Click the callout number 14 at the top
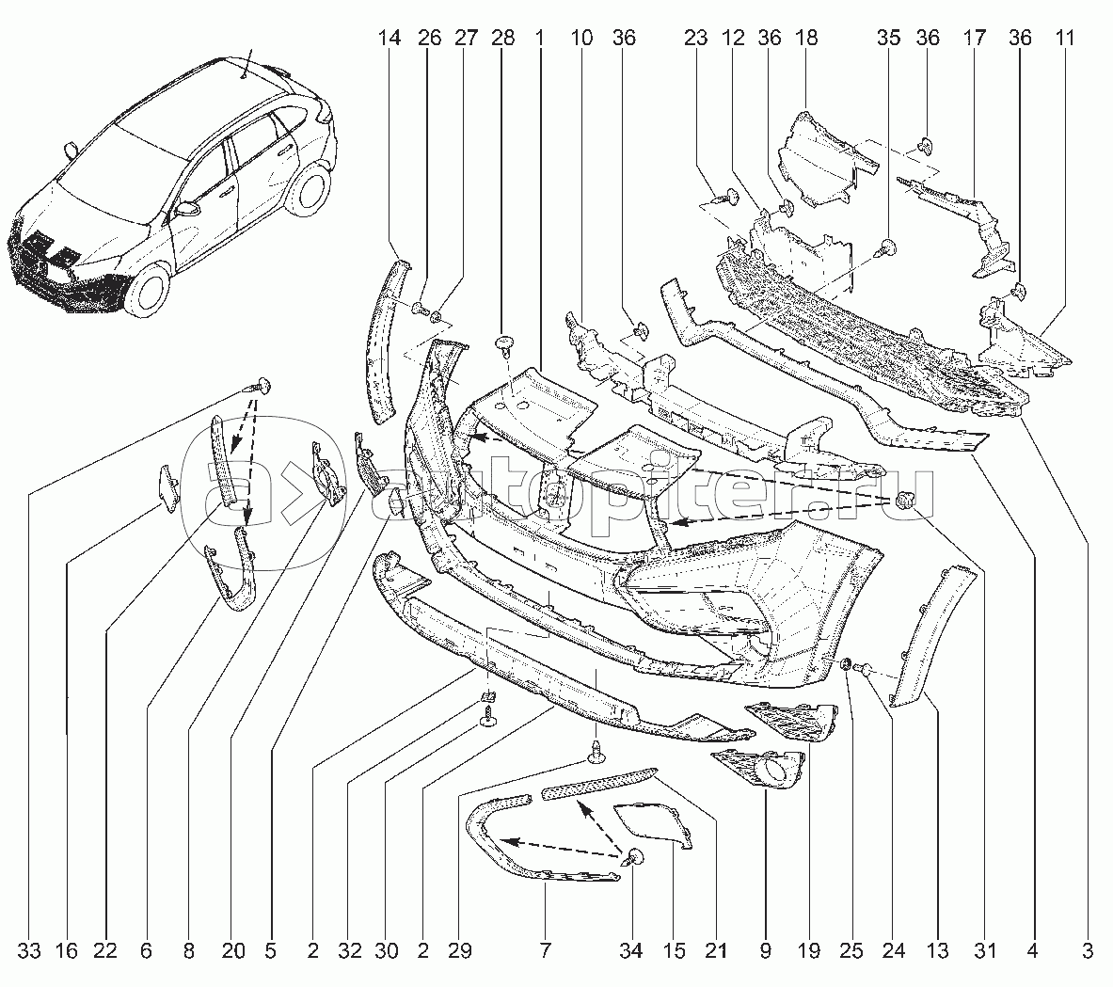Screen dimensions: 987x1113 pos(390,39)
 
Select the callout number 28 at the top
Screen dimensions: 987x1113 pos(503,39)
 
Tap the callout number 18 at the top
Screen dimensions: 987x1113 pos(806,39)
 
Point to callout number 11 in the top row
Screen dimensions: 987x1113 pos(1065,39)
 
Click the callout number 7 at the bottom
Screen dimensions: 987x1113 pos(546,951)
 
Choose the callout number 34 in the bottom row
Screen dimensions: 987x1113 pos(630,951)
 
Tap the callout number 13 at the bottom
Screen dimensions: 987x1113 pos(937,951)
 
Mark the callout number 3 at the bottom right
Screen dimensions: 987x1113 pos(1088,951)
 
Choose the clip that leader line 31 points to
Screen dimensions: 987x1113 pos(906,500)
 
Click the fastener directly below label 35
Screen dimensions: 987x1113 pos(888,249)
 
